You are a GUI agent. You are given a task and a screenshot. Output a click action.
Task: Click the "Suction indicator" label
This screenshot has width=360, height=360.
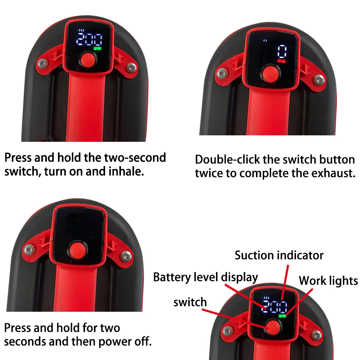[x=279, y=255]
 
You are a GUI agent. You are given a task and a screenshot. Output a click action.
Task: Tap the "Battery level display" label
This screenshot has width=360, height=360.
[x=206, y=277]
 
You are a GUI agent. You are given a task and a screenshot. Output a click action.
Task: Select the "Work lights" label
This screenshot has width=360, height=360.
[x=328, y=280]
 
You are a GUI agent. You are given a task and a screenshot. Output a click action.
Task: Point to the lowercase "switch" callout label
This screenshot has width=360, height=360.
[x=190, y=302]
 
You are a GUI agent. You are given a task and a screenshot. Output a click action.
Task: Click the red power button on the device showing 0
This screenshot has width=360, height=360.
[x=271, y=73]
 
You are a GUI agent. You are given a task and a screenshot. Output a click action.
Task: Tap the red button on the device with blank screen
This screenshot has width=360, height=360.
[x=78, y=250]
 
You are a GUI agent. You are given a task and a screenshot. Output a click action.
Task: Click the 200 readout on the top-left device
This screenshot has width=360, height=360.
[x=89, y=40]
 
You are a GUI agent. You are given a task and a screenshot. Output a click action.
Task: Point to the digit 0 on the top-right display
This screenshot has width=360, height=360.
[x=282, y=51]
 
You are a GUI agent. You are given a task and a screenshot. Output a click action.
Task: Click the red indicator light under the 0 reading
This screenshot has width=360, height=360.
[x=282, y=61]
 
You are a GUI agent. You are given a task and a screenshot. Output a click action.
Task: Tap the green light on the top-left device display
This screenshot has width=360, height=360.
[x=97, y=49]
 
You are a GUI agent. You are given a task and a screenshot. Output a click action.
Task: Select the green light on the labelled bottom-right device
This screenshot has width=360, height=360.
[x=282, y=316]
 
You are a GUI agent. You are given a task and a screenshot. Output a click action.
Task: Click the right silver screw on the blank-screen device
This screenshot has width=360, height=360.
[x=126, y=256]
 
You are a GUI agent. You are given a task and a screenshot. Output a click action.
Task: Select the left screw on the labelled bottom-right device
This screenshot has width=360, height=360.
[x=227, y=331]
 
